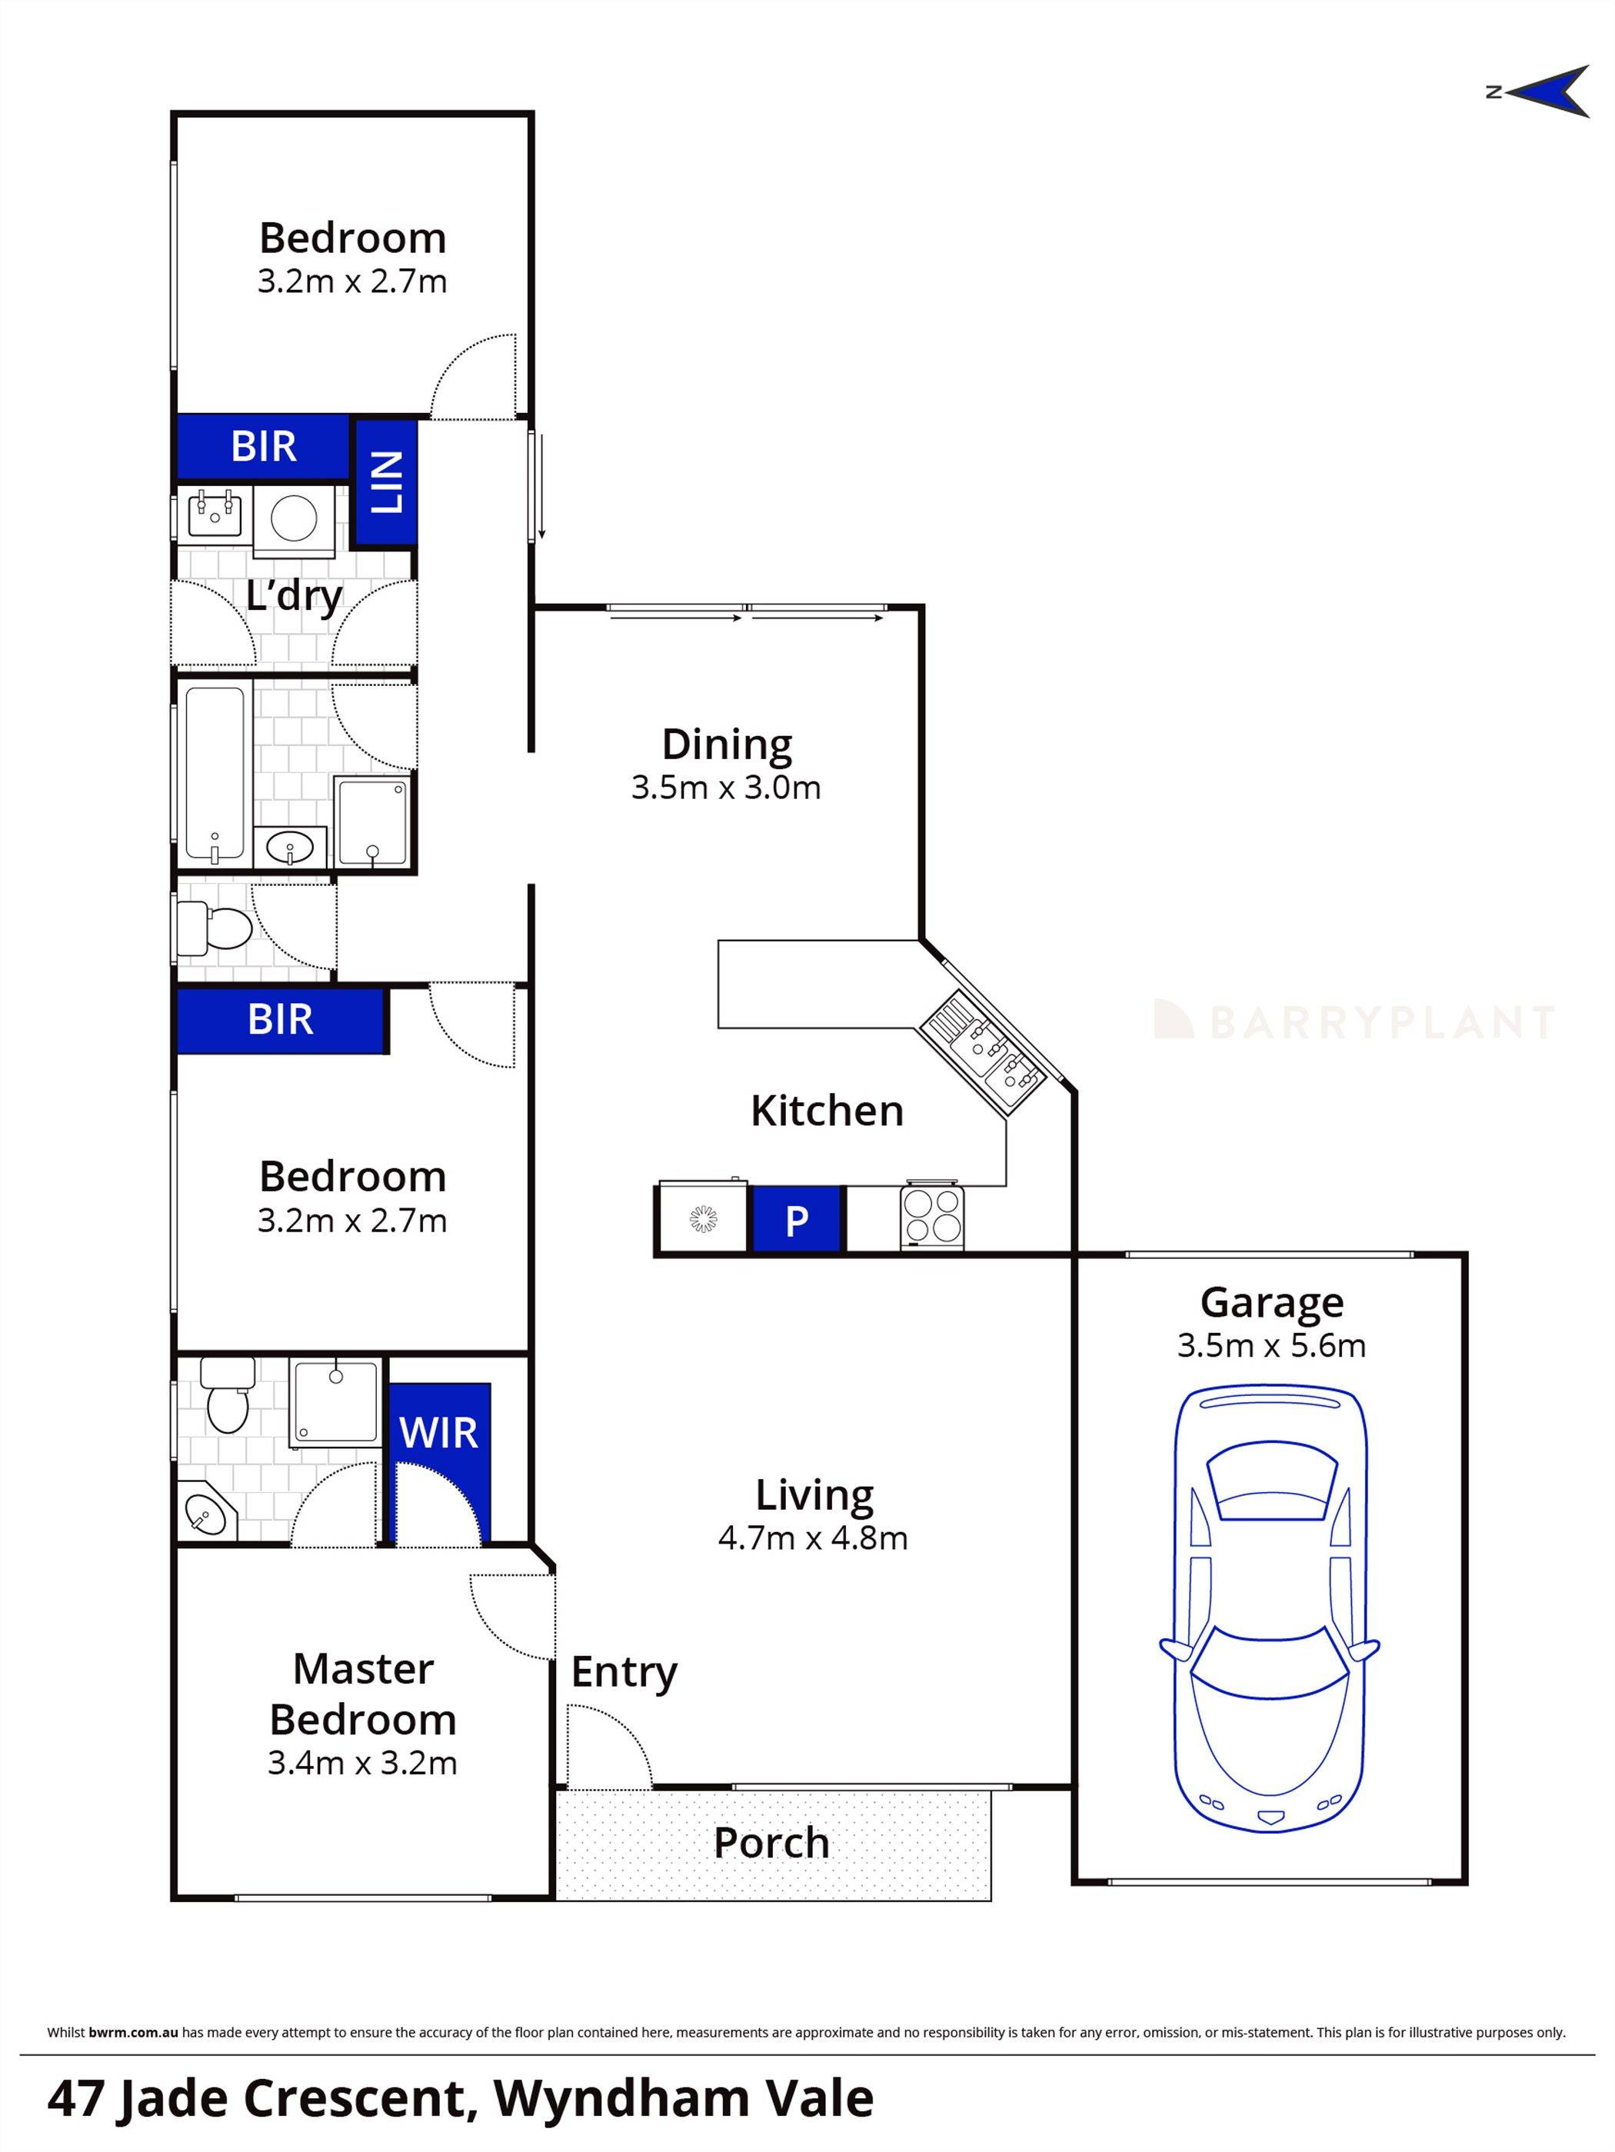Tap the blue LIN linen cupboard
(385, 482)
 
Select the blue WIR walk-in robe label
(439, 1433)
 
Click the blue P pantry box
(796, 1220)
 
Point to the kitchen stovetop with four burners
(932, 1217)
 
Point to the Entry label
(624, 1672)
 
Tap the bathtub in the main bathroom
(213, 775)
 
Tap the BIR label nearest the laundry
(264, 447)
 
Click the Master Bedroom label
(362, 1694)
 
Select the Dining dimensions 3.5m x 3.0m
(726, 787)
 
